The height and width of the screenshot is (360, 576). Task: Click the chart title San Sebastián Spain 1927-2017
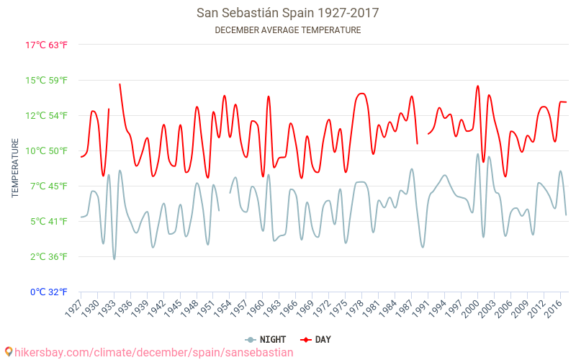(x=288, y=13)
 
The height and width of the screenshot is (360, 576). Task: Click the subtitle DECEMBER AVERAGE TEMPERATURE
(x=288, y=30)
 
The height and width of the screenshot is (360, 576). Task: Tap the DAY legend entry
(x=316, y=340)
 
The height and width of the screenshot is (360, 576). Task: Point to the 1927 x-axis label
(x=72, y=307)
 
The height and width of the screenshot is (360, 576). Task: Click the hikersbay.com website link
(x=153, y=352)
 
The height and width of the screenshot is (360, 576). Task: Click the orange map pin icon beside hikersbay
(x=8, y=351)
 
